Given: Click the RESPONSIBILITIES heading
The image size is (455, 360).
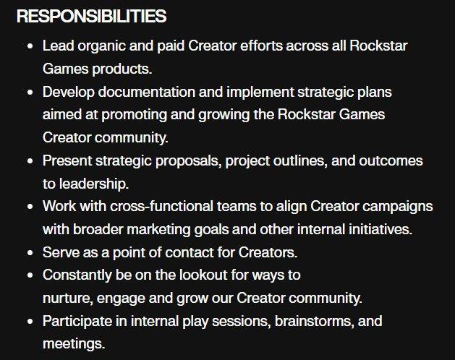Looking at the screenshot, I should point(91,16).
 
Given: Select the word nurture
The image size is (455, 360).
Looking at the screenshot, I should point(65,298).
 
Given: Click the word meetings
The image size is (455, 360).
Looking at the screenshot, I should point(74,343).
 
